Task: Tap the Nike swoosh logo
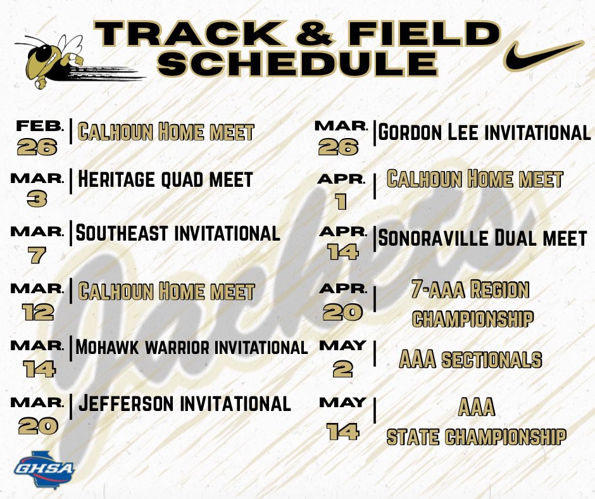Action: pyautogui.click(x=543, y=55)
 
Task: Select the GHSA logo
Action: pyautogui.click(x=44, y=467)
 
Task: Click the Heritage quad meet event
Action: pyautogui.click(x=165, y=179)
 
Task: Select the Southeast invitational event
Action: pyautogui.click(x=178, y=233)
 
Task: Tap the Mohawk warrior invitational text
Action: pyautogui.click(x=191, y=347)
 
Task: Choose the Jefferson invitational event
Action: pyautogui.click(x=184, y=403)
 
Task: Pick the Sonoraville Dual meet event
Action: pyautogui.click(x=482, y=239)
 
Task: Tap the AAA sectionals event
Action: pyautogui.click(x=470, y=360)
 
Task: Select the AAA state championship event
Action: pyautogui.click(x=475, y=422)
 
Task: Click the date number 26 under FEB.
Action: pyautogui.click(x=37, y=147)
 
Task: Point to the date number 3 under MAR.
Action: pyautogui.click(x=37, y=199)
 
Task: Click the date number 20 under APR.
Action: pyautogui.click(x=342, y=312)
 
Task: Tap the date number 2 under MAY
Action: pyautogui.click(x=342, y=369)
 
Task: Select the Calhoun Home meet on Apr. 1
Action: pyautogui.click(x=475, y=179)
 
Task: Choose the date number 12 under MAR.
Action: pyautogui.click(x=37, y=312)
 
